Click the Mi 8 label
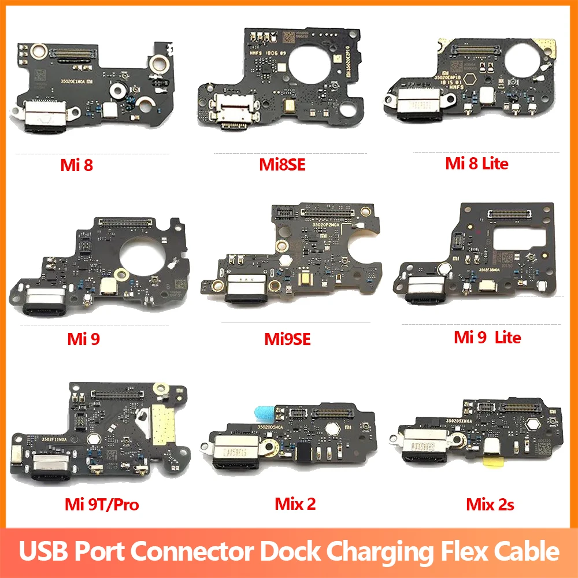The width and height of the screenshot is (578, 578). (x=76, y=166)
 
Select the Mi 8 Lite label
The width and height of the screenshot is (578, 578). (x=476, y=164)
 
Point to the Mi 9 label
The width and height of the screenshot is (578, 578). (x=83, y=339)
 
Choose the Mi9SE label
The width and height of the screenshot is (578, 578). (x=287, y=339)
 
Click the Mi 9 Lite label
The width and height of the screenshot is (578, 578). (x=487, y=337)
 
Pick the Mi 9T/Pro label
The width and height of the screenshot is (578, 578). (x=102, y=504)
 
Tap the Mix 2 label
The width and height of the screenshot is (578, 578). (x=295, y=503)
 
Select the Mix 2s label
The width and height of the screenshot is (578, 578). (x=490, y=504)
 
